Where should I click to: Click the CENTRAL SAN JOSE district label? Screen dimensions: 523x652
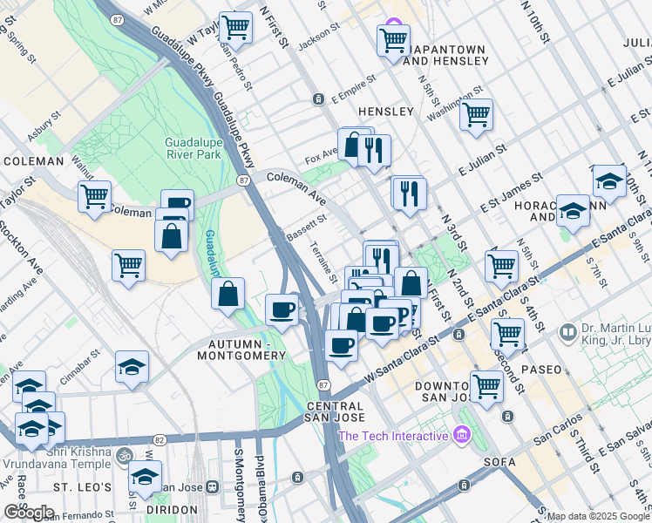pyautogui.click(x=335, y=413)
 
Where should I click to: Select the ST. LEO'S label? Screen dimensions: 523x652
pyautogui.click(x=82, y=486)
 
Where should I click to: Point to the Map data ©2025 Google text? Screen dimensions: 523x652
pyautogui.click(x=598, y=516)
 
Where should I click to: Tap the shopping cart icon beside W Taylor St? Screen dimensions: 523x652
pyautogui.click(x=235, y=27)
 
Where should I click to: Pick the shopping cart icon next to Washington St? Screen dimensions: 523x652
pyautogui.click(x=476, y=114)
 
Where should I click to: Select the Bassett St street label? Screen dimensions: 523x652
pyautogui.click(x=305, y=228)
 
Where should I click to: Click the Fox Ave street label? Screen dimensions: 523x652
pyautogui.click(x=321, y=159)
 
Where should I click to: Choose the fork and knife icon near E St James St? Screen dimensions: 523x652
pyautogui.click(x=410, y=193)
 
